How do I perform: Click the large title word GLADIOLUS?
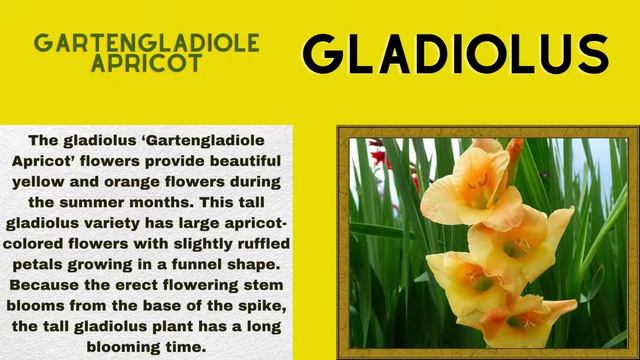click(x=455, y=55)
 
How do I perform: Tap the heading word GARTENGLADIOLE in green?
click(x=147, y=43)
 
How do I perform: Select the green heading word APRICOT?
click(x=146, y=64)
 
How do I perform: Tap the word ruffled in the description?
click(x=256, y=243)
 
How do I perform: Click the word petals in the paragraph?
click(x=38, y=264)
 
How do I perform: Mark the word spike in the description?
click(x=266, y=305)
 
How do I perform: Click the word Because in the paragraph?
click(x=48, y=285)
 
